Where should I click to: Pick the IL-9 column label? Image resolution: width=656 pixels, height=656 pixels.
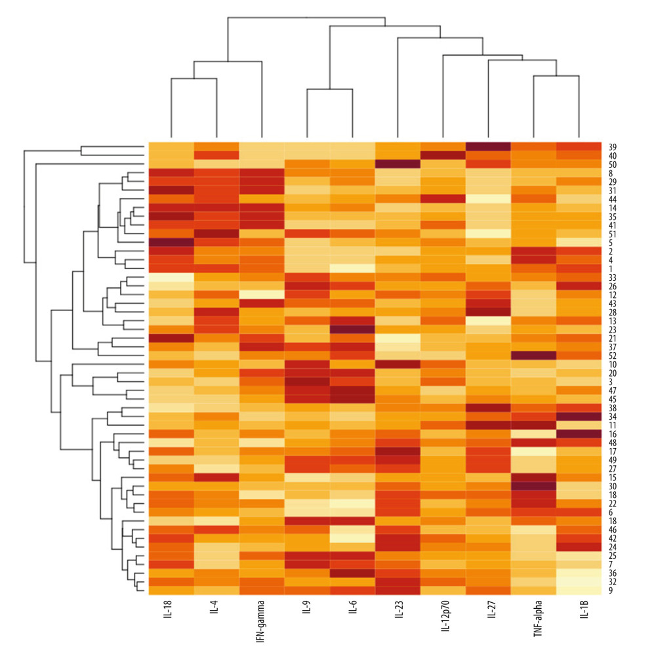coord(307,614)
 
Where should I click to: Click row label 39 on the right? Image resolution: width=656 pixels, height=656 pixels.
coord(611,146)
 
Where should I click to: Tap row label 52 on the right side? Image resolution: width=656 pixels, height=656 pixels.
coord(611,355)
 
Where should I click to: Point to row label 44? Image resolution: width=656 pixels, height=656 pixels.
coord(611,198)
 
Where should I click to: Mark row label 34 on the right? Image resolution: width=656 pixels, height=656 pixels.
coord(611,416)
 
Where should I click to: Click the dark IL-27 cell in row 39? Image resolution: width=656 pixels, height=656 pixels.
coord(488,146)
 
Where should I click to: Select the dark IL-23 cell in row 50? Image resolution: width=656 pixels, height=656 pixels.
coord(398,164)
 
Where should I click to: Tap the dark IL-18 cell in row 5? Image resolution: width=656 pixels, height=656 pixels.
coord(171,242)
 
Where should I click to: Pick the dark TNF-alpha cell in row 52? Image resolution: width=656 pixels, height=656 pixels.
coord(533,355)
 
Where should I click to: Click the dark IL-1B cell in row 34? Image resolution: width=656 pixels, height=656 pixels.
coord(579,416)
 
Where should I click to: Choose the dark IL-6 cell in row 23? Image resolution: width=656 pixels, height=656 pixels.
coord(352,329)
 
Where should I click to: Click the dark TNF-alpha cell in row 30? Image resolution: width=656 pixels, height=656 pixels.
coord(533,485)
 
